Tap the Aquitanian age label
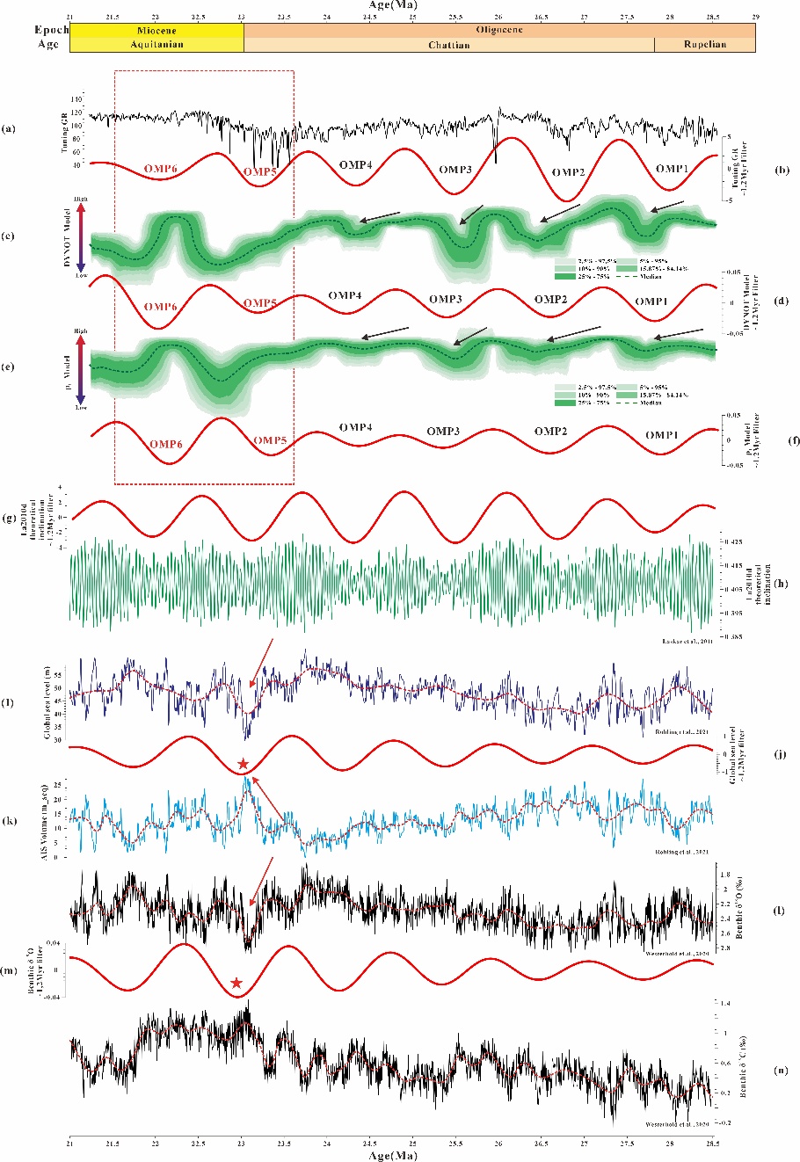coord(156,45)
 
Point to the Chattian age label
coord(448,45)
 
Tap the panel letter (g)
coord(9,519)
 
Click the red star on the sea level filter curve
coord(244,763)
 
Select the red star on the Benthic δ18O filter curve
coord(236,983)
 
